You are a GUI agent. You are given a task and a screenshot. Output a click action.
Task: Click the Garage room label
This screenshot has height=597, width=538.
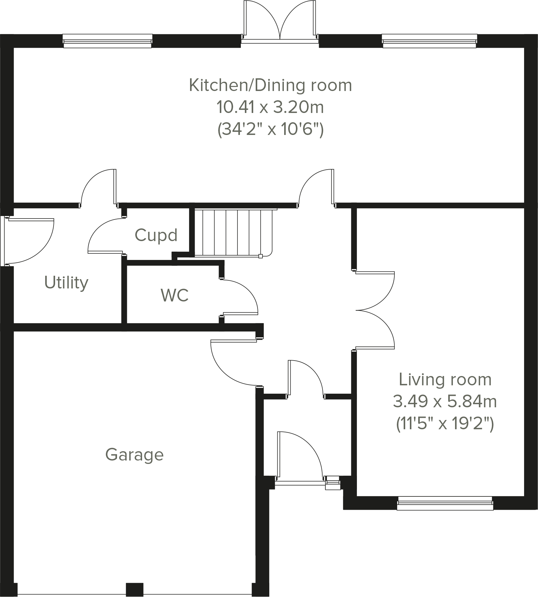[134, 455]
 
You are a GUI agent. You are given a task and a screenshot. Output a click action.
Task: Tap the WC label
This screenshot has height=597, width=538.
[175, 295]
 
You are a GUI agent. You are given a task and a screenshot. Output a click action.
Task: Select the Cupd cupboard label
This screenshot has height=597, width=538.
[156, 235]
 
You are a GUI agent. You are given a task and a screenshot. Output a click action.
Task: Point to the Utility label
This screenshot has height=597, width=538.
[66, 283]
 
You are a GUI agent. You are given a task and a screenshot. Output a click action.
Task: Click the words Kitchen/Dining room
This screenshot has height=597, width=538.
[270, 85]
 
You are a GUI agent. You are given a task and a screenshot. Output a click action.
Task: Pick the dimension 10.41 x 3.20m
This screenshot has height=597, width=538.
[270, 107]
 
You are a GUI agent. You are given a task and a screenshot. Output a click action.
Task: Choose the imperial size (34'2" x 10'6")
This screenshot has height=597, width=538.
[270, 129]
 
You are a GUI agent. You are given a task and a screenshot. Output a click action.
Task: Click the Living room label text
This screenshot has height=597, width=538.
[445, 380]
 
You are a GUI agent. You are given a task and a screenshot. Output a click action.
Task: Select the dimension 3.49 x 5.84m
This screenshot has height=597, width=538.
[445, 402]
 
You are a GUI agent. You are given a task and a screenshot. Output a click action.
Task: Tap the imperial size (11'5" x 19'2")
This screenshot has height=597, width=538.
[445, 424]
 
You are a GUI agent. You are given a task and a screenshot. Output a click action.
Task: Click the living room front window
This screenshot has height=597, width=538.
[445, 503]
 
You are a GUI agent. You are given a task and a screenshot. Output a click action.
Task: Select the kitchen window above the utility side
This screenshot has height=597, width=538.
[107, 41]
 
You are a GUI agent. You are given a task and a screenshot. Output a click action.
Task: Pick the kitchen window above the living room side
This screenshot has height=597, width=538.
[429, 41]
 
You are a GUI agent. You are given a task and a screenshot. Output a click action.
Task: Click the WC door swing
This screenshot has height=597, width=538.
[240, 297]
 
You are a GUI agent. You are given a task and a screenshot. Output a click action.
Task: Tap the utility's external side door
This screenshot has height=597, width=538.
[29, 241]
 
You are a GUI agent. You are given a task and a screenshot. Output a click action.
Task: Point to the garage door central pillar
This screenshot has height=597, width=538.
[134, 589]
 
